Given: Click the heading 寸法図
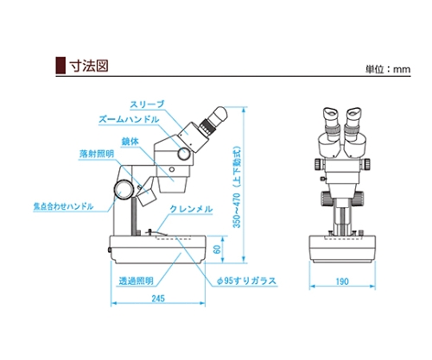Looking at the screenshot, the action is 89,66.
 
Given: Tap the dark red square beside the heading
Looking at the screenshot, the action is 60,66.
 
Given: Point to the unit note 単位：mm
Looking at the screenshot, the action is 388,69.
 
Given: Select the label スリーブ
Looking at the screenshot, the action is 147,104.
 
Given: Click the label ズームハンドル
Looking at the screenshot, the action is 129,119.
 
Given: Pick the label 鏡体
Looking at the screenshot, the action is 130,142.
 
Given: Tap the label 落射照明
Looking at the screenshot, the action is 97,154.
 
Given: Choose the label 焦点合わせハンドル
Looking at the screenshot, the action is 63,206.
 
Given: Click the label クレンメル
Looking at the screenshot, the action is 191,209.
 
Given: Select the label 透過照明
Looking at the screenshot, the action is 137,281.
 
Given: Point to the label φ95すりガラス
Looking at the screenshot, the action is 246,281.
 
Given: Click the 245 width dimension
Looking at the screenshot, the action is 158,299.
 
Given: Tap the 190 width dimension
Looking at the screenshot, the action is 342,281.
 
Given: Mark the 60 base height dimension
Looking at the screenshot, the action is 218,249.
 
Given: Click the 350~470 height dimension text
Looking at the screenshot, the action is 237,187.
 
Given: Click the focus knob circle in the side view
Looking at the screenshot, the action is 124,189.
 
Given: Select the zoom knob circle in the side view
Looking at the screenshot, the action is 184,154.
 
